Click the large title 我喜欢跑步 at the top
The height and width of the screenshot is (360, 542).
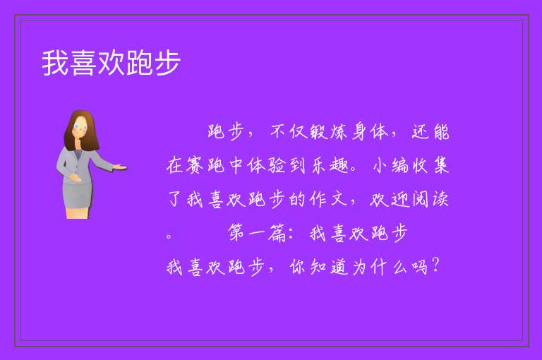(112, 63)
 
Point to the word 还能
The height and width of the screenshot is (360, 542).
(430, 132)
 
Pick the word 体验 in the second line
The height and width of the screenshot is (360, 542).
(266, 165)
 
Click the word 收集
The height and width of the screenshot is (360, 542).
(430, 165)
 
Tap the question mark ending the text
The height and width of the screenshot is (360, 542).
(435, 265)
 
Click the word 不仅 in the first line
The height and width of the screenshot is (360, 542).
(289, 132)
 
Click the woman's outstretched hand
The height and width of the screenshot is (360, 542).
(119, 167)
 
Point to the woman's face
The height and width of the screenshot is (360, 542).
(80, 126)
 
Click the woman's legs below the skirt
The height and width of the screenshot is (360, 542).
(78, 213)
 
